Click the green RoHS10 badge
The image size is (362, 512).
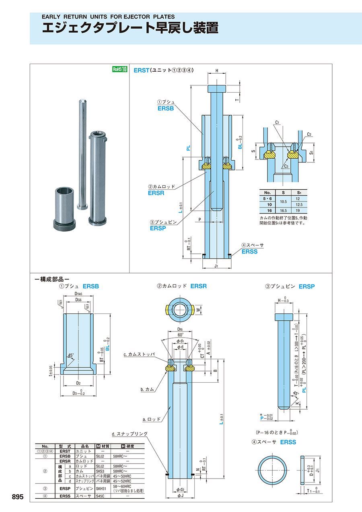[x=119, y=69]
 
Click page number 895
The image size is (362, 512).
[x=18, y=497]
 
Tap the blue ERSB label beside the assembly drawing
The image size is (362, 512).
[x=165, y=108]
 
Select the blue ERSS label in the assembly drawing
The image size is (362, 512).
[x=249, y=251]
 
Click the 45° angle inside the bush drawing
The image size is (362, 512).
[x=71, y=356]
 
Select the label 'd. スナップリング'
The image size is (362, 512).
[x=130, y=434]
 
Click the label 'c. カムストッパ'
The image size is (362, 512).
[x=139, y=354]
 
